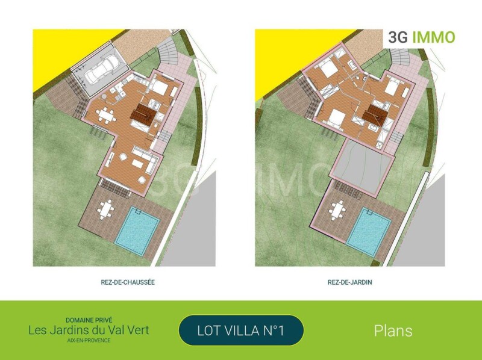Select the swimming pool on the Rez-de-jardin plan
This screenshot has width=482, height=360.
point(369,231)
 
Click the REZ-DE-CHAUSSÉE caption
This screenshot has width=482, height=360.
point(128,282)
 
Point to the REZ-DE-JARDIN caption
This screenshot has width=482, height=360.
point(350,282)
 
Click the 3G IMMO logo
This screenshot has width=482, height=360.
point(421,37)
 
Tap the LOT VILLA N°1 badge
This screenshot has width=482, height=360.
point(241,331)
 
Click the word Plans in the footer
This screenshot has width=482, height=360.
point(393,331)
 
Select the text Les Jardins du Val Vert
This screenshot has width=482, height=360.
point(89,331)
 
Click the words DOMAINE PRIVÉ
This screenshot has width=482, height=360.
point(89,320)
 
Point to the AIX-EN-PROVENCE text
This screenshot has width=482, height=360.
point(89,340)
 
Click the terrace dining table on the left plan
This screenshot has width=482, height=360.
point(106,209)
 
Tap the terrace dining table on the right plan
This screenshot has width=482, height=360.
point(337,211)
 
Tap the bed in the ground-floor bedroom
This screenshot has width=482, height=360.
point(159,87)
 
